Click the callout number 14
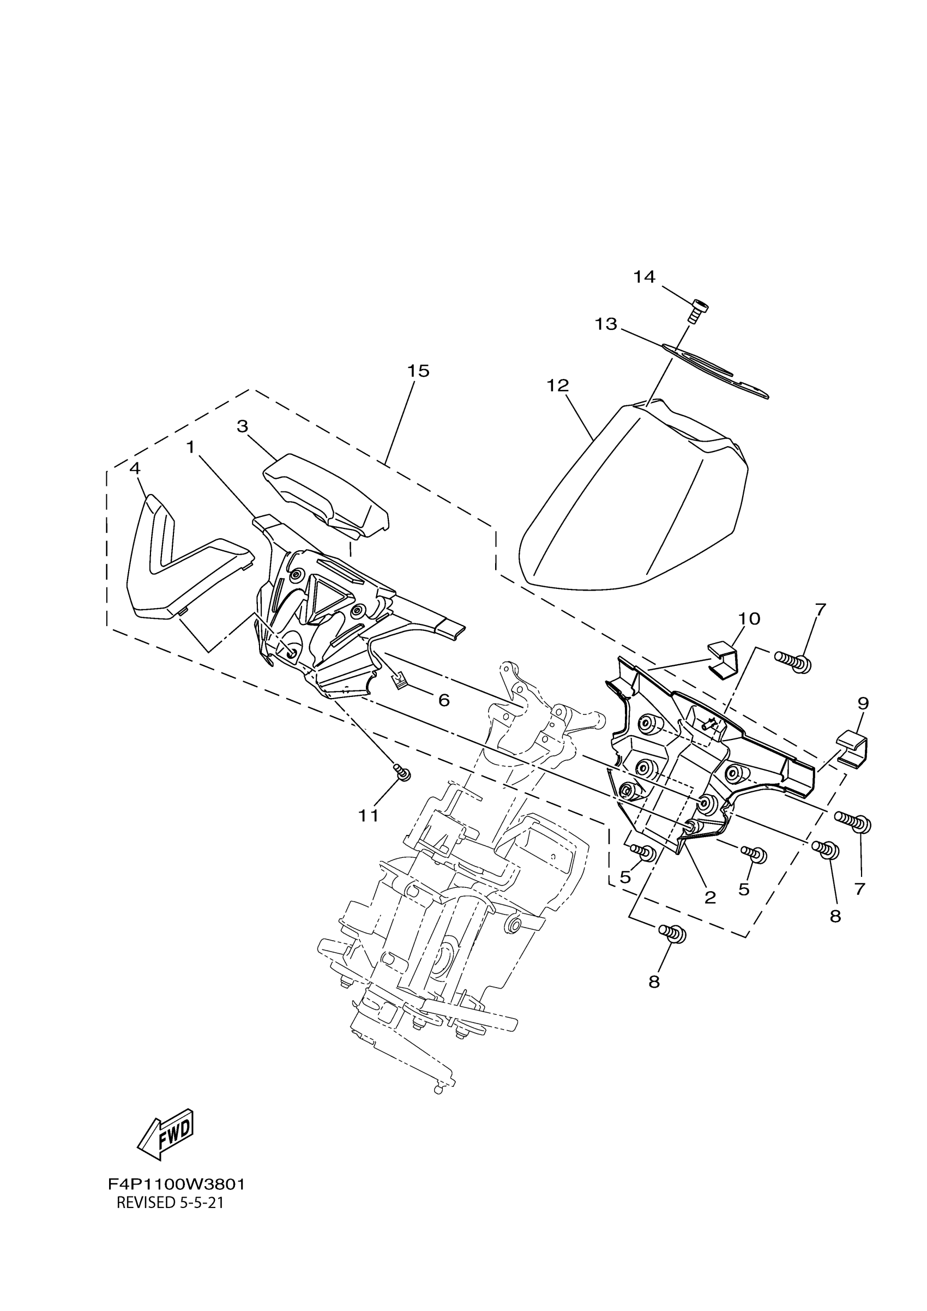point(645,277)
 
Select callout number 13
point(606,324)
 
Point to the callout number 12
point(558,386)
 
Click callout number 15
point(418,371)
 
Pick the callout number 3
point(243,426)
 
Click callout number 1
point(190,447)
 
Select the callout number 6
point(443,700)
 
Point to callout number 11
point(369,816)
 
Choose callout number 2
point(710,898)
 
